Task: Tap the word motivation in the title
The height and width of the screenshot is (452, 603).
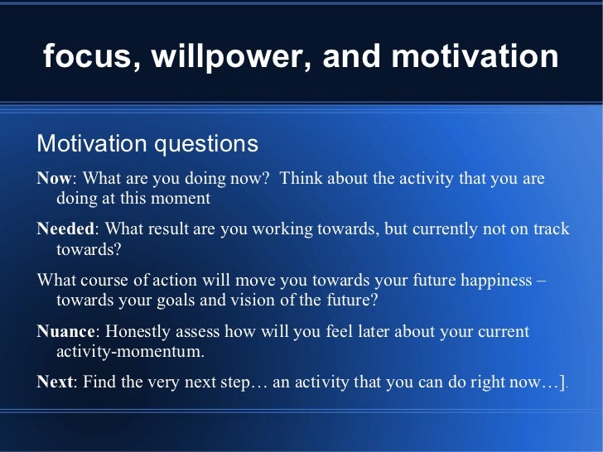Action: point(475,55)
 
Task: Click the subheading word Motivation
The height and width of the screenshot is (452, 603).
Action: point(92,143)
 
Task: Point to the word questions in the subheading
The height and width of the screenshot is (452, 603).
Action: point(206,145)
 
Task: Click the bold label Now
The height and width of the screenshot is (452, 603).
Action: point(54,178)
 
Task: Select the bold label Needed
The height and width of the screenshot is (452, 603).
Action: point(65,228)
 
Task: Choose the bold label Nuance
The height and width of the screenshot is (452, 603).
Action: point(65,331)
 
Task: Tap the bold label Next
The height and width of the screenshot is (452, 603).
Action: point(55,382)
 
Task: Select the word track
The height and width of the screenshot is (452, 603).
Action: point(551,228)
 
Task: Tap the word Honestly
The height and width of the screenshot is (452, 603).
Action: point(137,332)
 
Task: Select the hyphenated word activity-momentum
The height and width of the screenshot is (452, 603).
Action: point(130,352)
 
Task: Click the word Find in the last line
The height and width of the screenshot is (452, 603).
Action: point(99,382)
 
